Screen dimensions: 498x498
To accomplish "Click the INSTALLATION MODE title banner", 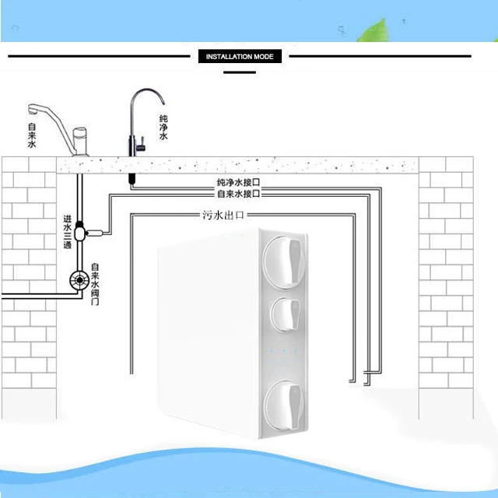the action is [240, 57].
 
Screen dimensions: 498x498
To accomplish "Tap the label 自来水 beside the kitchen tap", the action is [31, 135].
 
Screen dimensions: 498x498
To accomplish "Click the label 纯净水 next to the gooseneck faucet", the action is [163, 127].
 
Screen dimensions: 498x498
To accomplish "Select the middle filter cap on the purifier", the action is [286, 315].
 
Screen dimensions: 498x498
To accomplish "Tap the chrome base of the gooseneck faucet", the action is [134, 146].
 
